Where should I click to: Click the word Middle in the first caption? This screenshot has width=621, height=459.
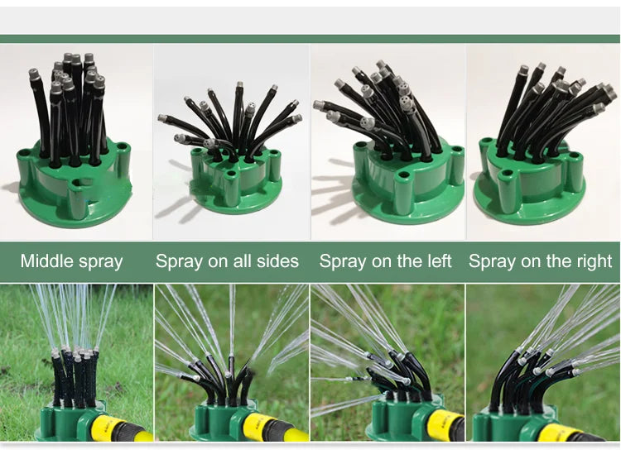click(x=46, y=261)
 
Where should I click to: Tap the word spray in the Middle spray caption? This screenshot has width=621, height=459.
click(x=100, y=263)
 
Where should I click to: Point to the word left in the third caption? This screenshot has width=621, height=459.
click(x=438, y=261)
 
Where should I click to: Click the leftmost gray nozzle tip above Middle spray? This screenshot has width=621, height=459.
click(x=35, y=74)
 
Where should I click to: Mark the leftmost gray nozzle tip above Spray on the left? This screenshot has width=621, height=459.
click(x=320, y=105)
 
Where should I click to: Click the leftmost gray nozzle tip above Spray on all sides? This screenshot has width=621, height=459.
click(x=163, y=118)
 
